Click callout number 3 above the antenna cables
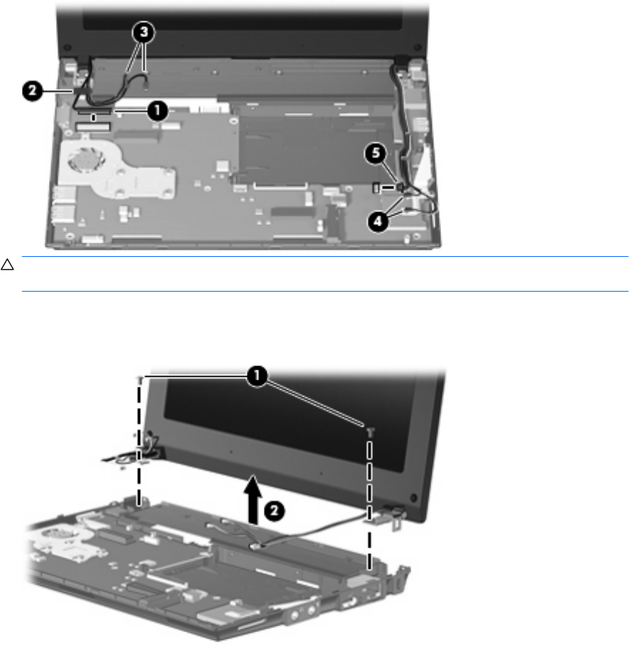pos(143,32)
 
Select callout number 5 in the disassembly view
pos(375,153)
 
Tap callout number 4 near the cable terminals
pos(378,221)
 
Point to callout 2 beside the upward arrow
pos(274,512)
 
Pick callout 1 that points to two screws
pos(257,376)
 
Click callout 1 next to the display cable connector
pos(157,111)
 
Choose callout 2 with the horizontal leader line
pos(33,91)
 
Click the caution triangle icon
pos(7,265)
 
